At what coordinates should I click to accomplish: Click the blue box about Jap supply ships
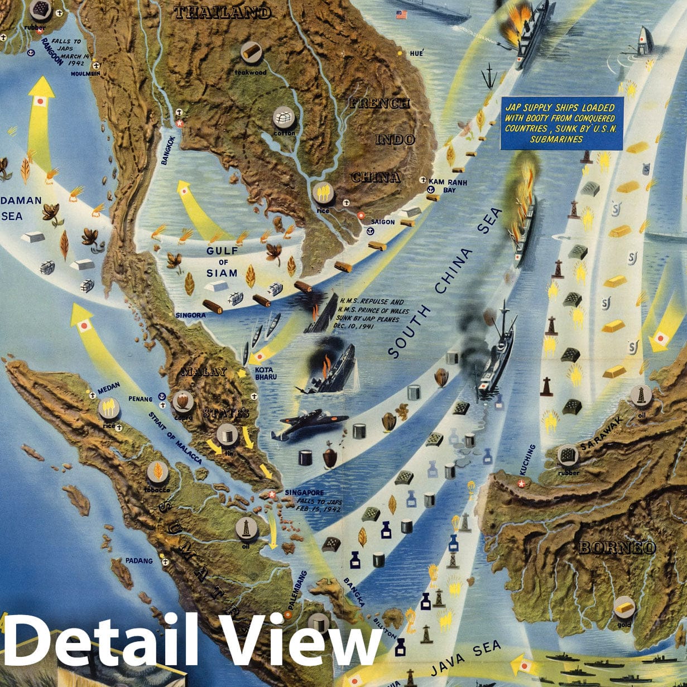click(561, 123)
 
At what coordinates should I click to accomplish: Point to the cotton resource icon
click(284, 118)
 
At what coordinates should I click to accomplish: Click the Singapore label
click(304, 493)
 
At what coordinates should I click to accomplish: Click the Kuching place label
click(530, 459)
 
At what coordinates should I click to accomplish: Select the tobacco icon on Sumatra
click(158, 473)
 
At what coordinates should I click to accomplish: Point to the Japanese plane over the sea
click(309, 422)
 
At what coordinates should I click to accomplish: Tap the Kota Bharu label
click(266, 373)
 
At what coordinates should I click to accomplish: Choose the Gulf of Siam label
click(222, 262)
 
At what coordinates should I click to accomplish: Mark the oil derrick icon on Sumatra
click(246, 527)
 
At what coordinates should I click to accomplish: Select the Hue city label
click(416, 53)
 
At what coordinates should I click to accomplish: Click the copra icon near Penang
click(183, 401)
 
